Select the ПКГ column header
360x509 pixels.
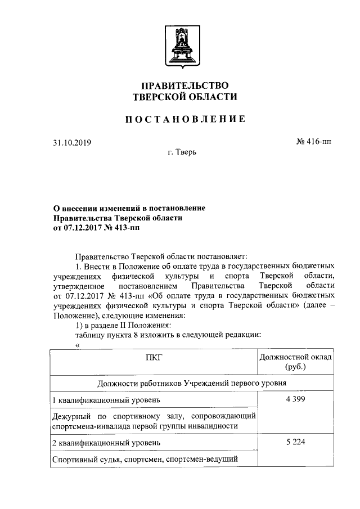(154, 357)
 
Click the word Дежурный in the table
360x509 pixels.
(69, 416)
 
